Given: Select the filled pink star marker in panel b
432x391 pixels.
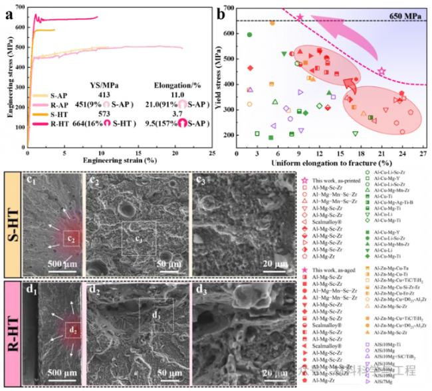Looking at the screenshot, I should pos(300,18).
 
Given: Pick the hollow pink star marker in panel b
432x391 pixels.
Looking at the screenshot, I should pos(381,71).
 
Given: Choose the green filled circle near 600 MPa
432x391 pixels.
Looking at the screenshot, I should pos(249,35).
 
